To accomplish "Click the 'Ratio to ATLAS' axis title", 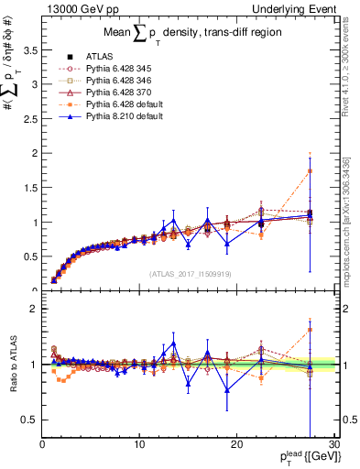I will (x=13, y=365).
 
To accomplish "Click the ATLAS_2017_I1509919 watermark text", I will (x=190, y=273).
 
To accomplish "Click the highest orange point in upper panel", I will (x=311, y=171).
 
